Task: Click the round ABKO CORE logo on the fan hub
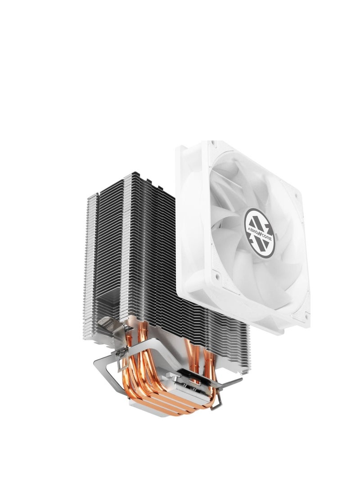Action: pos(260,227)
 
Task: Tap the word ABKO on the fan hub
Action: pos(252,223)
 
